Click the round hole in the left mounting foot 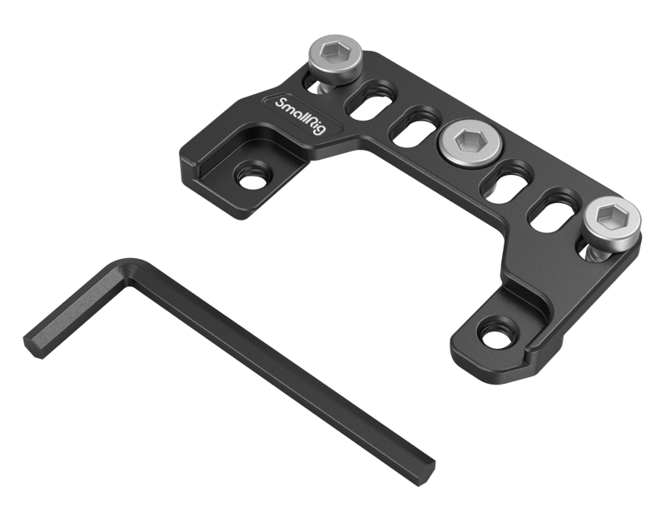[247, 176]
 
